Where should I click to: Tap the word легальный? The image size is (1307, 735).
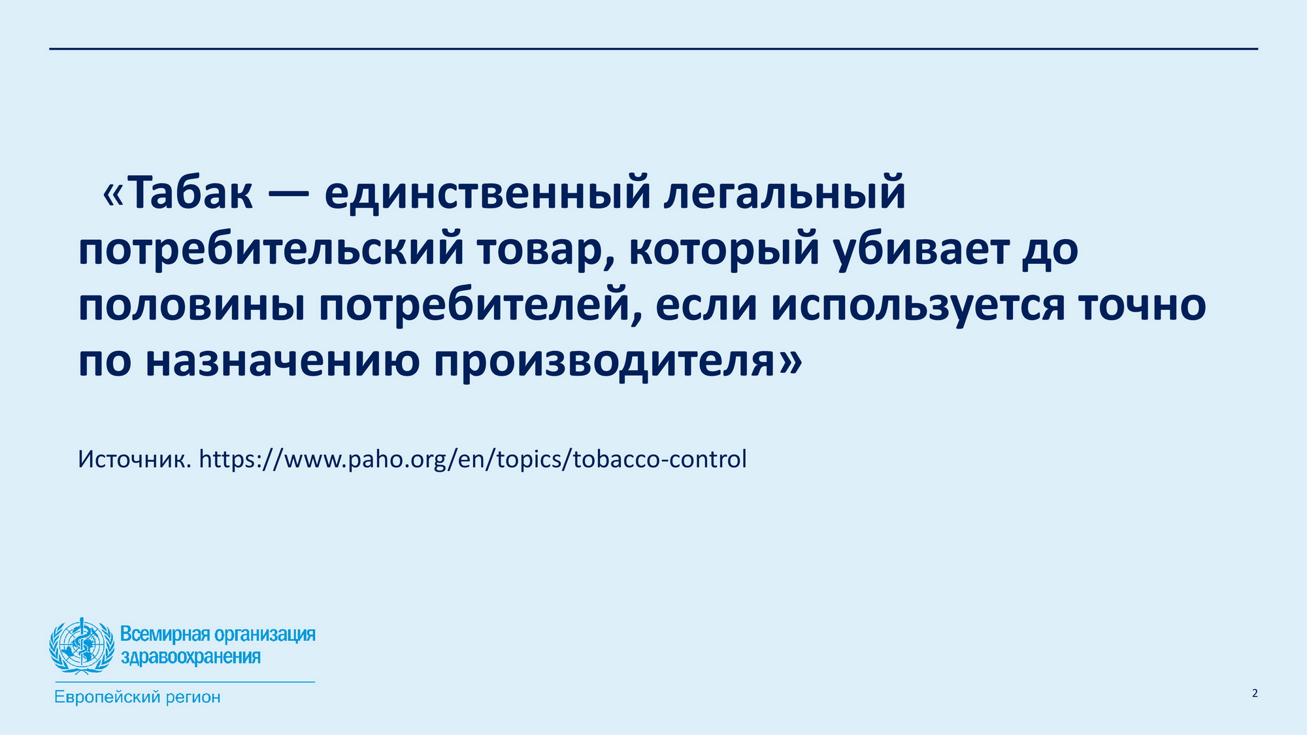(785, 194)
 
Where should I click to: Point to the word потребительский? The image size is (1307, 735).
(271, 250)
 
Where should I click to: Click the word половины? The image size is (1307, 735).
(191, 306)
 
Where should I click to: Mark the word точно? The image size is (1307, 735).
(1142, 306)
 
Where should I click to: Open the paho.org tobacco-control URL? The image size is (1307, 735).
(472, 459)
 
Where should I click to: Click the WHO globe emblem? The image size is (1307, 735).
(81, 646)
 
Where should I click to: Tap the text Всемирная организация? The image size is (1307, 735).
(218, 634)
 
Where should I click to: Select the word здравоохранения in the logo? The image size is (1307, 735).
(190, 657)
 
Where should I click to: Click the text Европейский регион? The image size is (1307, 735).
(137, 697)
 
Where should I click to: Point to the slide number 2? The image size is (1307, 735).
(1255, 693)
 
